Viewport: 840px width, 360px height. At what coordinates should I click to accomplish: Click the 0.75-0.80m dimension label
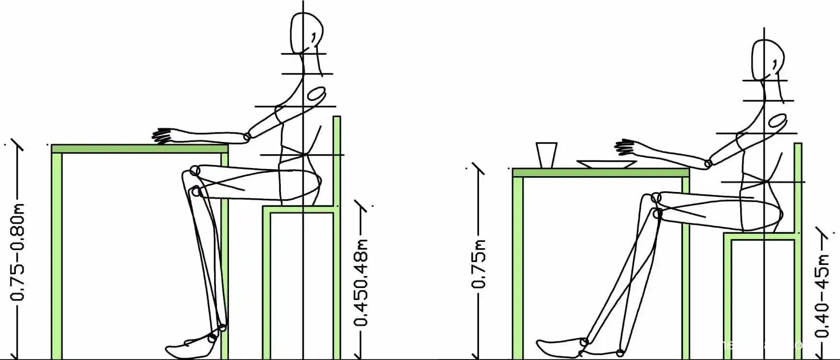18,252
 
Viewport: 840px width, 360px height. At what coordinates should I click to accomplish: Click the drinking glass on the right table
546,155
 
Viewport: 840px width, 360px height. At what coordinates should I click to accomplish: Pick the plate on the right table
606,164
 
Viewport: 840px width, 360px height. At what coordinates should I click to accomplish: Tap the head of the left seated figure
306,33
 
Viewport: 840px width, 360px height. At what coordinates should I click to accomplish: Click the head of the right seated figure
768,60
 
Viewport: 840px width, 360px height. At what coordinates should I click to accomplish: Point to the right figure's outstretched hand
626,148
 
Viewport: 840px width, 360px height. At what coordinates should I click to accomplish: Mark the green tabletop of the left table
140,149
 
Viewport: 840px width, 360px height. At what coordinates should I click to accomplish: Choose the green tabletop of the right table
601,173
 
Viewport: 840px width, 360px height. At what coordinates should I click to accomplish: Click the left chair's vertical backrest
337,161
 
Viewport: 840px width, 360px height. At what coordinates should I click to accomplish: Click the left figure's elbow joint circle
247,137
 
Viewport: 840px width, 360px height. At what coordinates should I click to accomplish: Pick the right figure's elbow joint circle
708,164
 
